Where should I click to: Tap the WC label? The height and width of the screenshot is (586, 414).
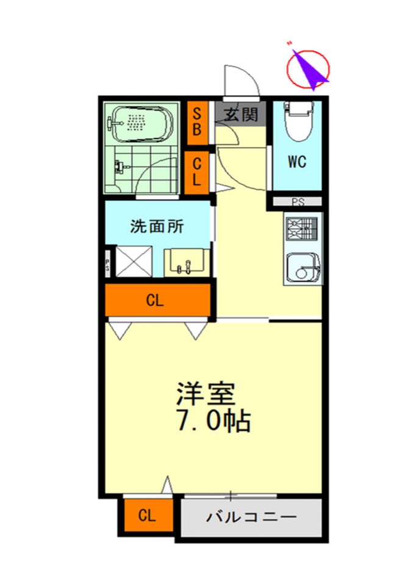click(297, 162)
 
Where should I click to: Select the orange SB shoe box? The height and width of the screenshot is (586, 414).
click(198, 121)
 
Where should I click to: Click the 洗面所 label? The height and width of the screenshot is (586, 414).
click(157, 226)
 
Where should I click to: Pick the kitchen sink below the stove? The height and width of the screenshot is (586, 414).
click(302, 266)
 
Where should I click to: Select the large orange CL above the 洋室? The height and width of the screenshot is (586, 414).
click(157, 300)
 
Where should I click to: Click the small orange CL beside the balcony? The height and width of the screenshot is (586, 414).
click(147, 516)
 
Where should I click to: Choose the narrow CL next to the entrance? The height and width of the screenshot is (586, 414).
click(198, 172)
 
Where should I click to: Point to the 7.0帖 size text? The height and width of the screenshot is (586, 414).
click(213, 422)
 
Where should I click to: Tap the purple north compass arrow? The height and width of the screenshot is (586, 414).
click(310, 68)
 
